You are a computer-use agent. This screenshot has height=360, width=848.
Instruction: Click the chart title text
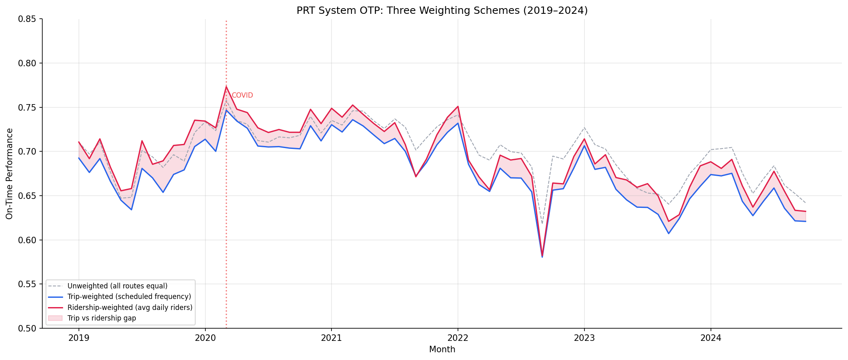coord(442,11)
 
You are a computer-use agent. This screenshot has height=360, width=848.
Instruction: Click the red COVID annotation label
coord(242,96)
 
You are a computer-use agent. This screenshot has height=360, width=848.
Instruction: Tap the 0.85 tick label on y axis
coord(28,19)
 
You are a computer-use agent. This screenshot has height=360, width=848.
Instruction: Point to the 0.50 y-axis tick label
coord(28,328)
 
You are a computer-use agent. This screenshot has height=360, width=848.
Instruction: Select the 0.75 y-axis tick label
coord(28,108)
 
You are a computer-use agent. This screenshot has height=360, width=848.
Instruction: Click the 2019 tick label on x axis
coord(78,338)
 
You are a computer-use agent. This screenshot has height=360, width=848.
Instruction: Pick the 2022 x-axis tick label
coord(458,338)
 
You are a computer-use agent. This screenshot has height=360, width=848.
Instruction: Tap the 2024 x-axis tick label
coord(711,338)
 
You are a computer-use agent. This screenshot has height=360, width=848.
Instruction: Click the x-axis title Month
coord(442,349)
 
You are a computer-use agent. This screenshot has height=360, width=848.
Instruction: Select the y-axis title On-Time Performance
coord(10,174)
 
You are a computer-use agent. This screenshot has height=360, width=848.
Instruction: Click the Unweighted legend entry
coord(117,286)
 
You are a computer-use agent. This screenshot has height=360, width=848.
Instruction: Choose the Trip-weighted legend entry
coord(129,297)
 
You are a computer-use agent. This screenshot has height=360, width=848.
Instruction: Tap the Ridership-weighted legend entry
coord(130,308)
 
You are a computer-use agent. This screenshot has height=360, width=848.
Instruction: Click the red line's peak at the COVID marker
coord(226,87)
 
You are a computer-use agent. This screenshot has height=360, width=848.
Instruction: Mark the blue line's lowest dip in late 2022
coord(542,257)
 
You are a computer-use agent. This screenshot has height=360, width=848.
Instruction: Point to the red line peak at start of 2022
coord(458,107)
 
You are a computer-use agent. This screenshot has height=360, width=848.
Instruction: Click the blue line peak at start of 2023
coord(584,146)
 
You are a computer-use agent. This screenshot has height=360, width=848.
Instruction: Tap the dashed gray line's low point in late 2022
coord(542,223)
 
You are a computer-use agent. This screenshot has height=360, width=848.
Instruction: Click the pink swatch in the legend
coord(55,318)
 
